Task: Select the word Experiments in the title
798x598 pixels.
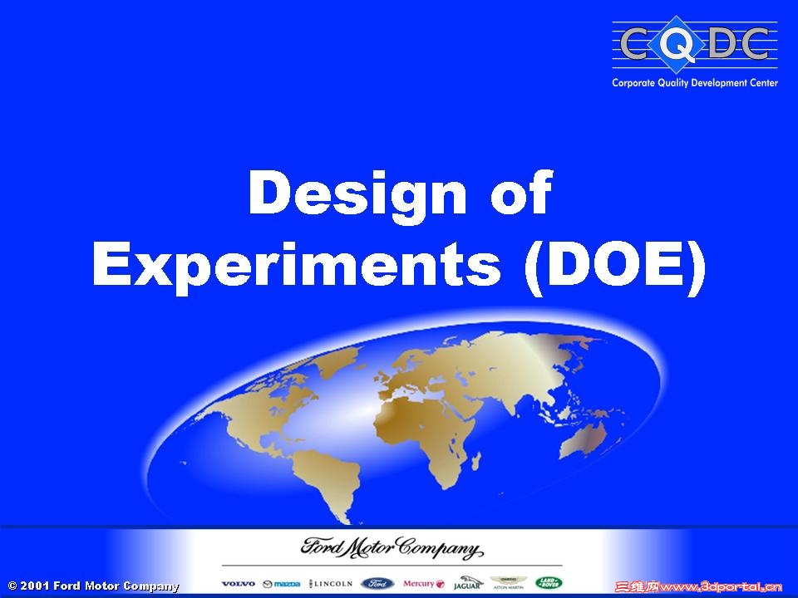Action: point(296,267)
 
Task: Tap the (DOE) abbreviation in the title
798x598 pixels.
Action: point(615,267)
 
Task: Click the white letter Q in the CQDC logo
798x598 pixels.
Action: point(680,46)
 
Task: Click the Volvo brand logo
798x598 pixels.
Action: point(239,584)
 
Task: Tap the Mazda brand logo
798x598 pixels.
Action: point(281,584)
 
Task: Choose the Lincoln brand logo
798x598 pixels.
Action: point(331,584)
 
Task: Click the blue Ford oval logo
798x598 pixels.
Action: point(377,583)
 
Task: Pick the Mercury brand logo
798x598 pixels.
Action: point(423,584)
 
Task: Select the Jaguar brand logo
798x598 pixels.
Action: point(467,583)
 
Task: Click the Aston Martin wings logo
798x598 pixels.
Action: point(509,583)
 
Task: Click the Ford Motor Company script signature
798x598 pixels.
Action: point(391,550)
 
